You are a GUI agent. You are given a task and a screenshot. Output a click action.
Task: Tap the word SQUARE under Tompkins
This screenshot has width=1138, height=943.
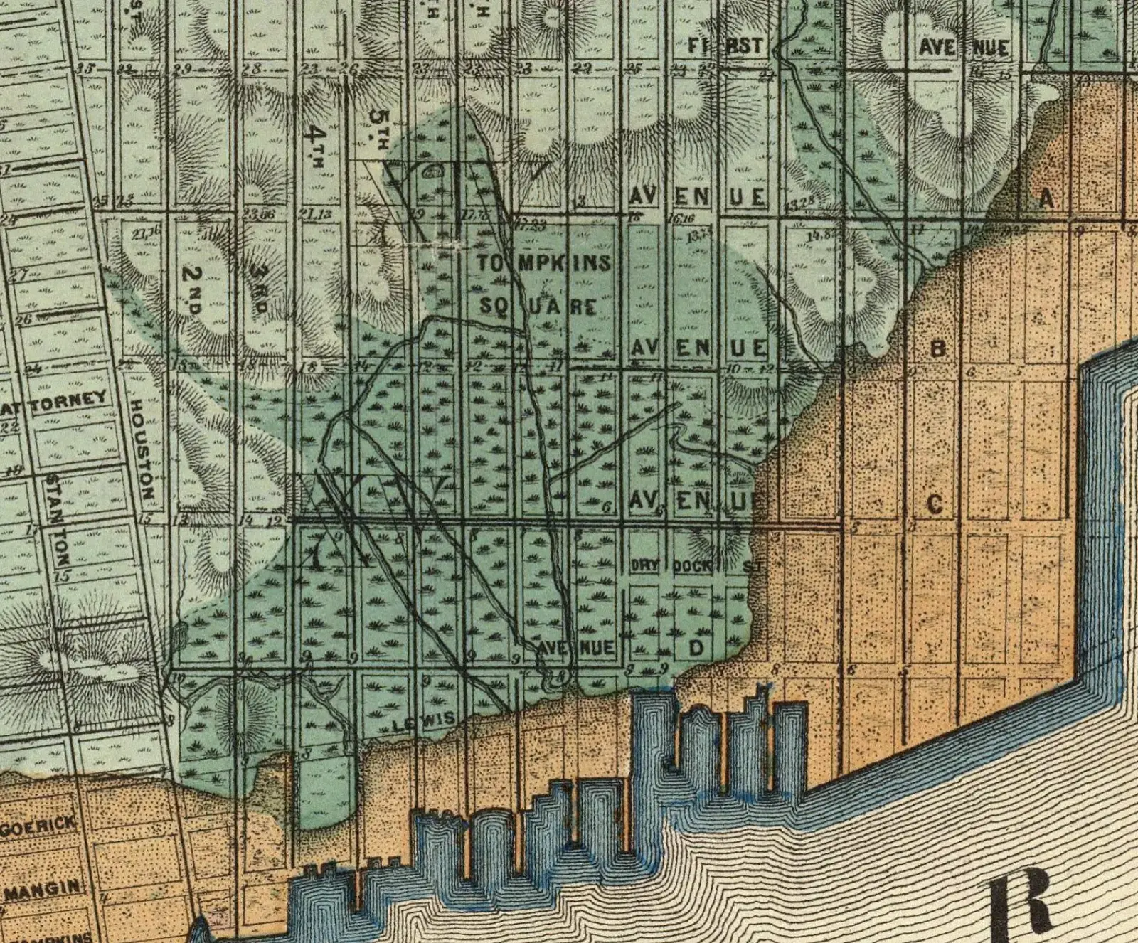pyautogui.click(x=538, y=307)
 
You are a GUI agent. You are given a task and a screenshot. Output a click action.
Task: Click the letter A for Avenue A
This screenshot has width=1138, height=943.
pyautogui.click(x=1046, y=198)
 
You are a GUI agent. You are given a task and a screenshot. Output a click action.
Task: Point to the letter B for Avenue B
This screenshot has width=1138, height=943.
pyautogui.click(x=938, y=348)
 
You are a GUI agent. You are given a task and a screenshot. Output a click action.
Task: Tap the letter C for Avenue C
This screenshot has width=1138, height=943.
pyautogui.click(x=935, y=504)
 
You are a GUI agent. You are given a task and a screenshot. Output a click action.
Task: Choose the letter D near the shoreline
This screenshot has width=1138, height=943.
pyautogui.click(x=696, y=648)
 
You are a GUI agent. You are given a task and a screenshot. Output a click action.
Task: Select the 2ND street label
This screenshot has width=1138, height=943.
pyautogui.click(x=192, y=289)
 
